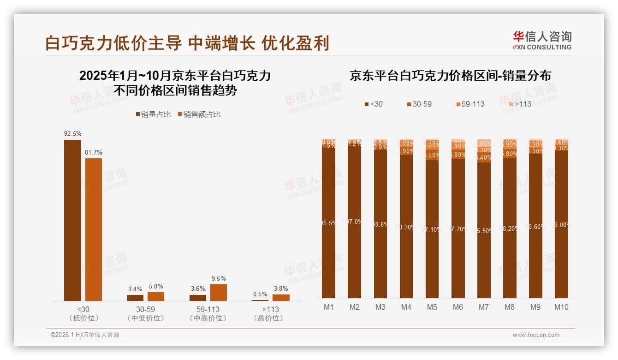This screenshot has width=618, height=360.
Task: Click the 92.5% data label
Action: (x=73, y=134)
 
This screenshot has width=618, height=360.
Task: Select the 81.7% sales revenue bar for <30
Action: (x=94, y=229)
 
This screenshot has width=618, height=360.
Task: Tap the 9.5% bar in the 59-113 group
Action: (x=219, y=293)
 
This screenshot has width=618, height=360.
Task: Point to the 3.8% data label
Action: (x=281, y=289)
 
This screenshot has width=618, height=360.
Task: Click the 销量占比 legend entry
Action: (x=153, y=114)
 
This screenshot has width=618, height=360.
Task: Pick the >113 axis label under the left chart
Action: (x=271, y=309)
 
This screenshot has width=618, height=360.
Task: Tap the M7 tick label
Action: (x=484, y=307)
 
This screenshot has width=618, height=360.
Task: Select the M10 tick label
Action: (x=561, y=307)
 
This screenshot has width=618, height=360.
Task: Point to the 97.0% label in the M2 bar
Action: (x=354, y=222)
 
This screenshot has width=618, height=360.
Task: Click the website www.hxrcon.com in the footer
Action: (x=536, y=335)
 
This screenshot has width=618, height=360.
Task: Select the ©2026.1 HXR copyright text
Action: (x=85, y=335)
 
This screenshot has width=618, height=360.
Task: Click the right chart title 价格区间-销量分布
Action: (x=450, y=76)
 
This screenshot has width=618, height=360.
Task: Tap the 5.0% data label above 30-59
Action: (x=156, y=287)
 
